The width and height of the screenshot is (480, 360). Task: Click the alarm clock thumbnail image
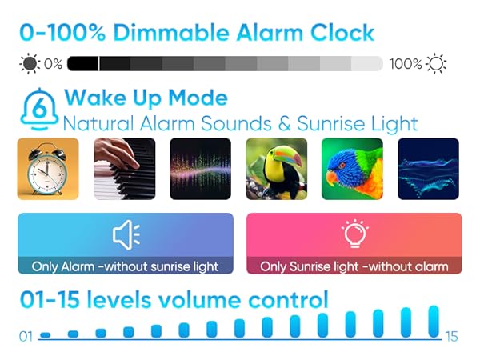pos(48,169)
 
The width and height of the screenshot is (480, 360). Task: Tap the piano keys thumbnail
pos(124,169)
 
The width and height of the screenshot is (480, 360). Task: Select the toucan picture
pos(276,169)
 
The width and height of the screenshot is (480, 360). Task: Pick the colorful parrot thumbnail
pos(352,169)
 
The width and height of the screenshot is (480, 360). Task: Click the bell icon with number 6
pos(38,108)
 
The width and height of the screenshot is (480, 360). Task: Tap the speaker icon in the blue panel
pos(126,234)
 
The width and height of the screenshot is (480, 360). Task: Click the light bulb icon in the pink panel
pos(354,234)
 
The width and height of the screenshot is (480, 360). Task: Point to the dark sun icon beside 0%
pos(30,63)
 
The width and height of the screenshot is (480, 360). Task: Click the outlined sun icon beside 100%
pos(436,63)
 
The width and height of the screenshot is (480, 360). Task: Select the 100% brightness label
pos(406,63)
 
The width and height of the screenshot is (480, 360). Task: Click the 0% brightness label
pos(53,63)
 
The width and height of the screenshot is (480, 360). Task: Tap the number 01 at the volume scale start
pos(26,337)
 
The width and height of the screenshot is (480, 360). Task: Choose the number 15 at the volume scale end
pos(451,337)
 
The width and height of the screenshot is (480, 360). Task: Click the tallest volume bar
pos(434,321)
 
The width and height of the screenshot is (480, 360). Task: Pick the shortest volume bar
pos(46,334)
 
